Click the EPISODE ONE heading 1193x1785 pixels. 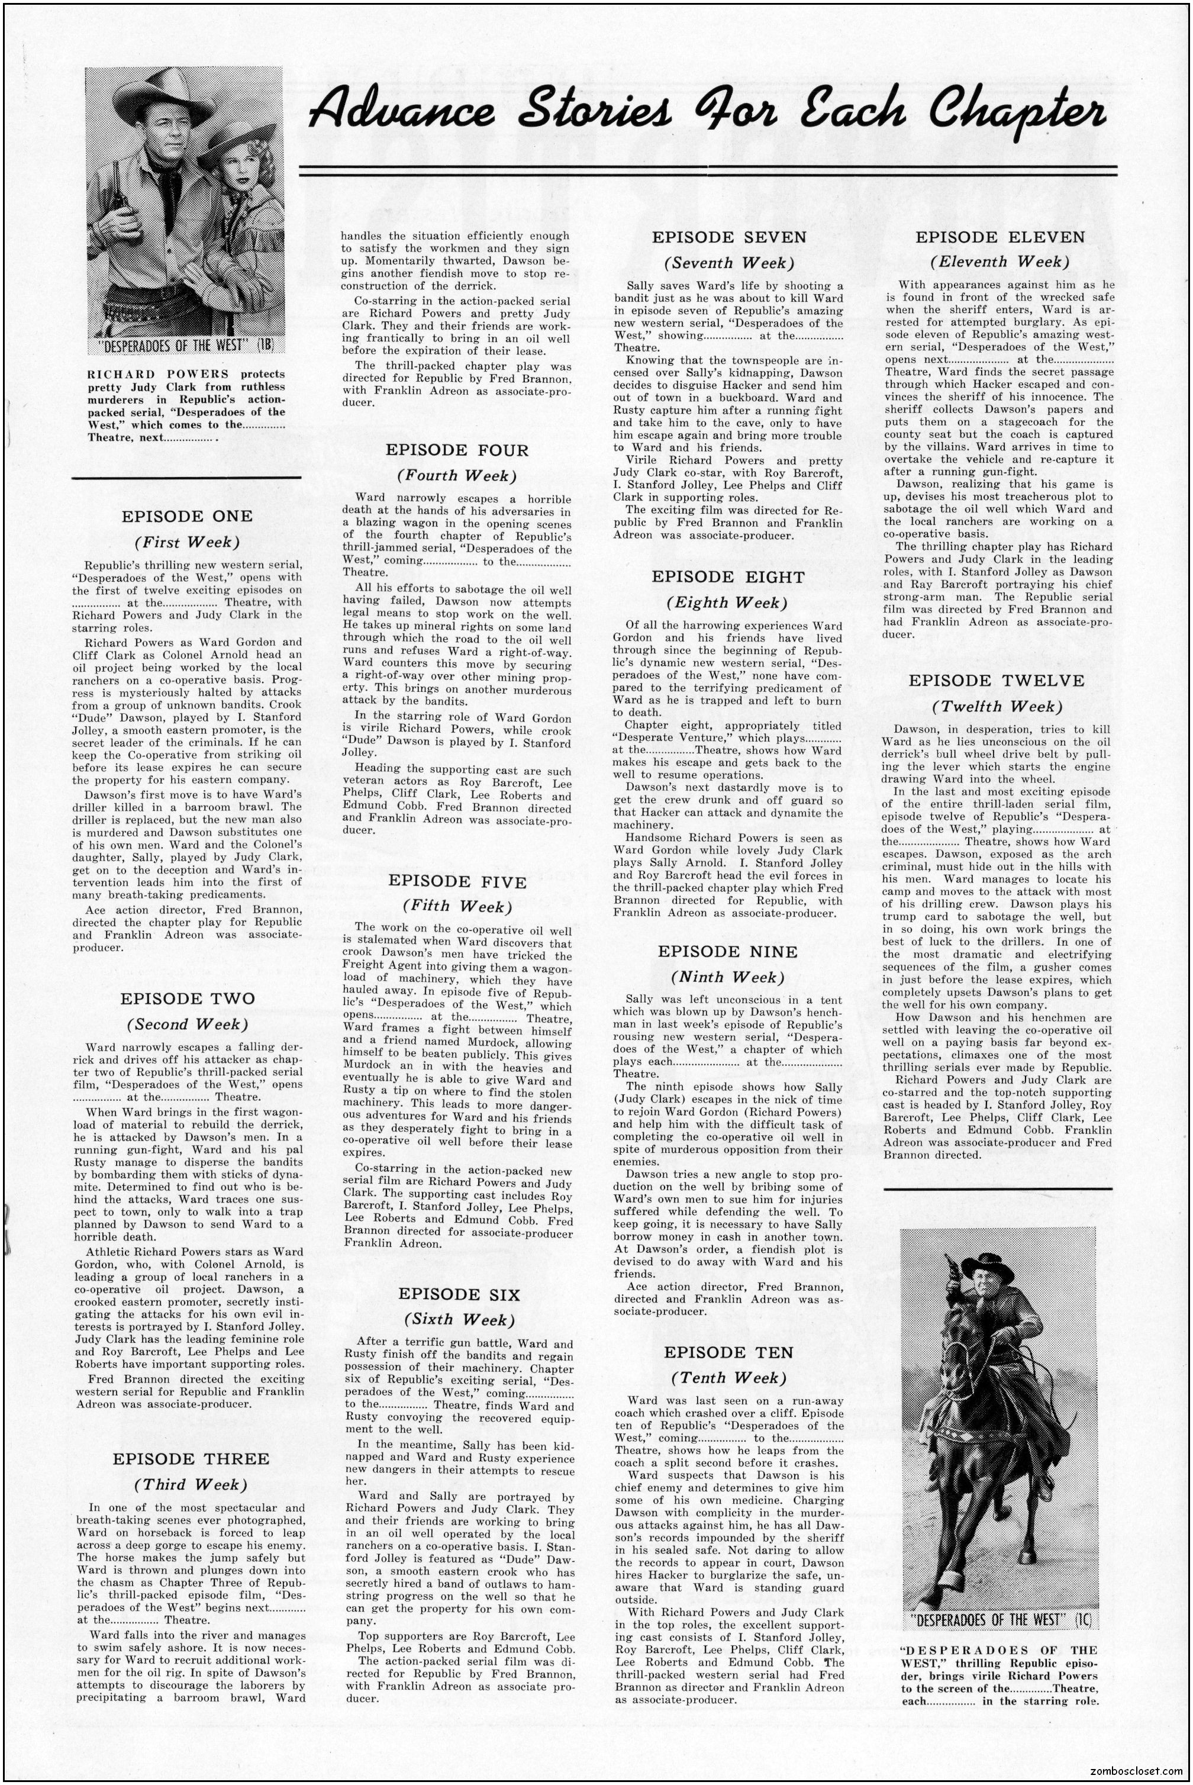point(186,517)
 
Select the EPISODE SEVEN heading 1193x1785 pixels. point(729,237)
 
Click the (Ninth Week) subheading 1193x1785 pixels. point(728,977)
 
